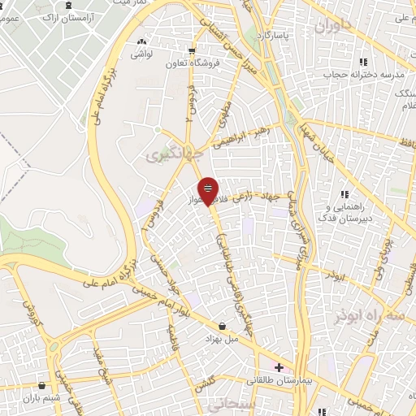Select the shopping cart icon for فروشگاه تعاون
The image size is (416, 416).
coord(193,48)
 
